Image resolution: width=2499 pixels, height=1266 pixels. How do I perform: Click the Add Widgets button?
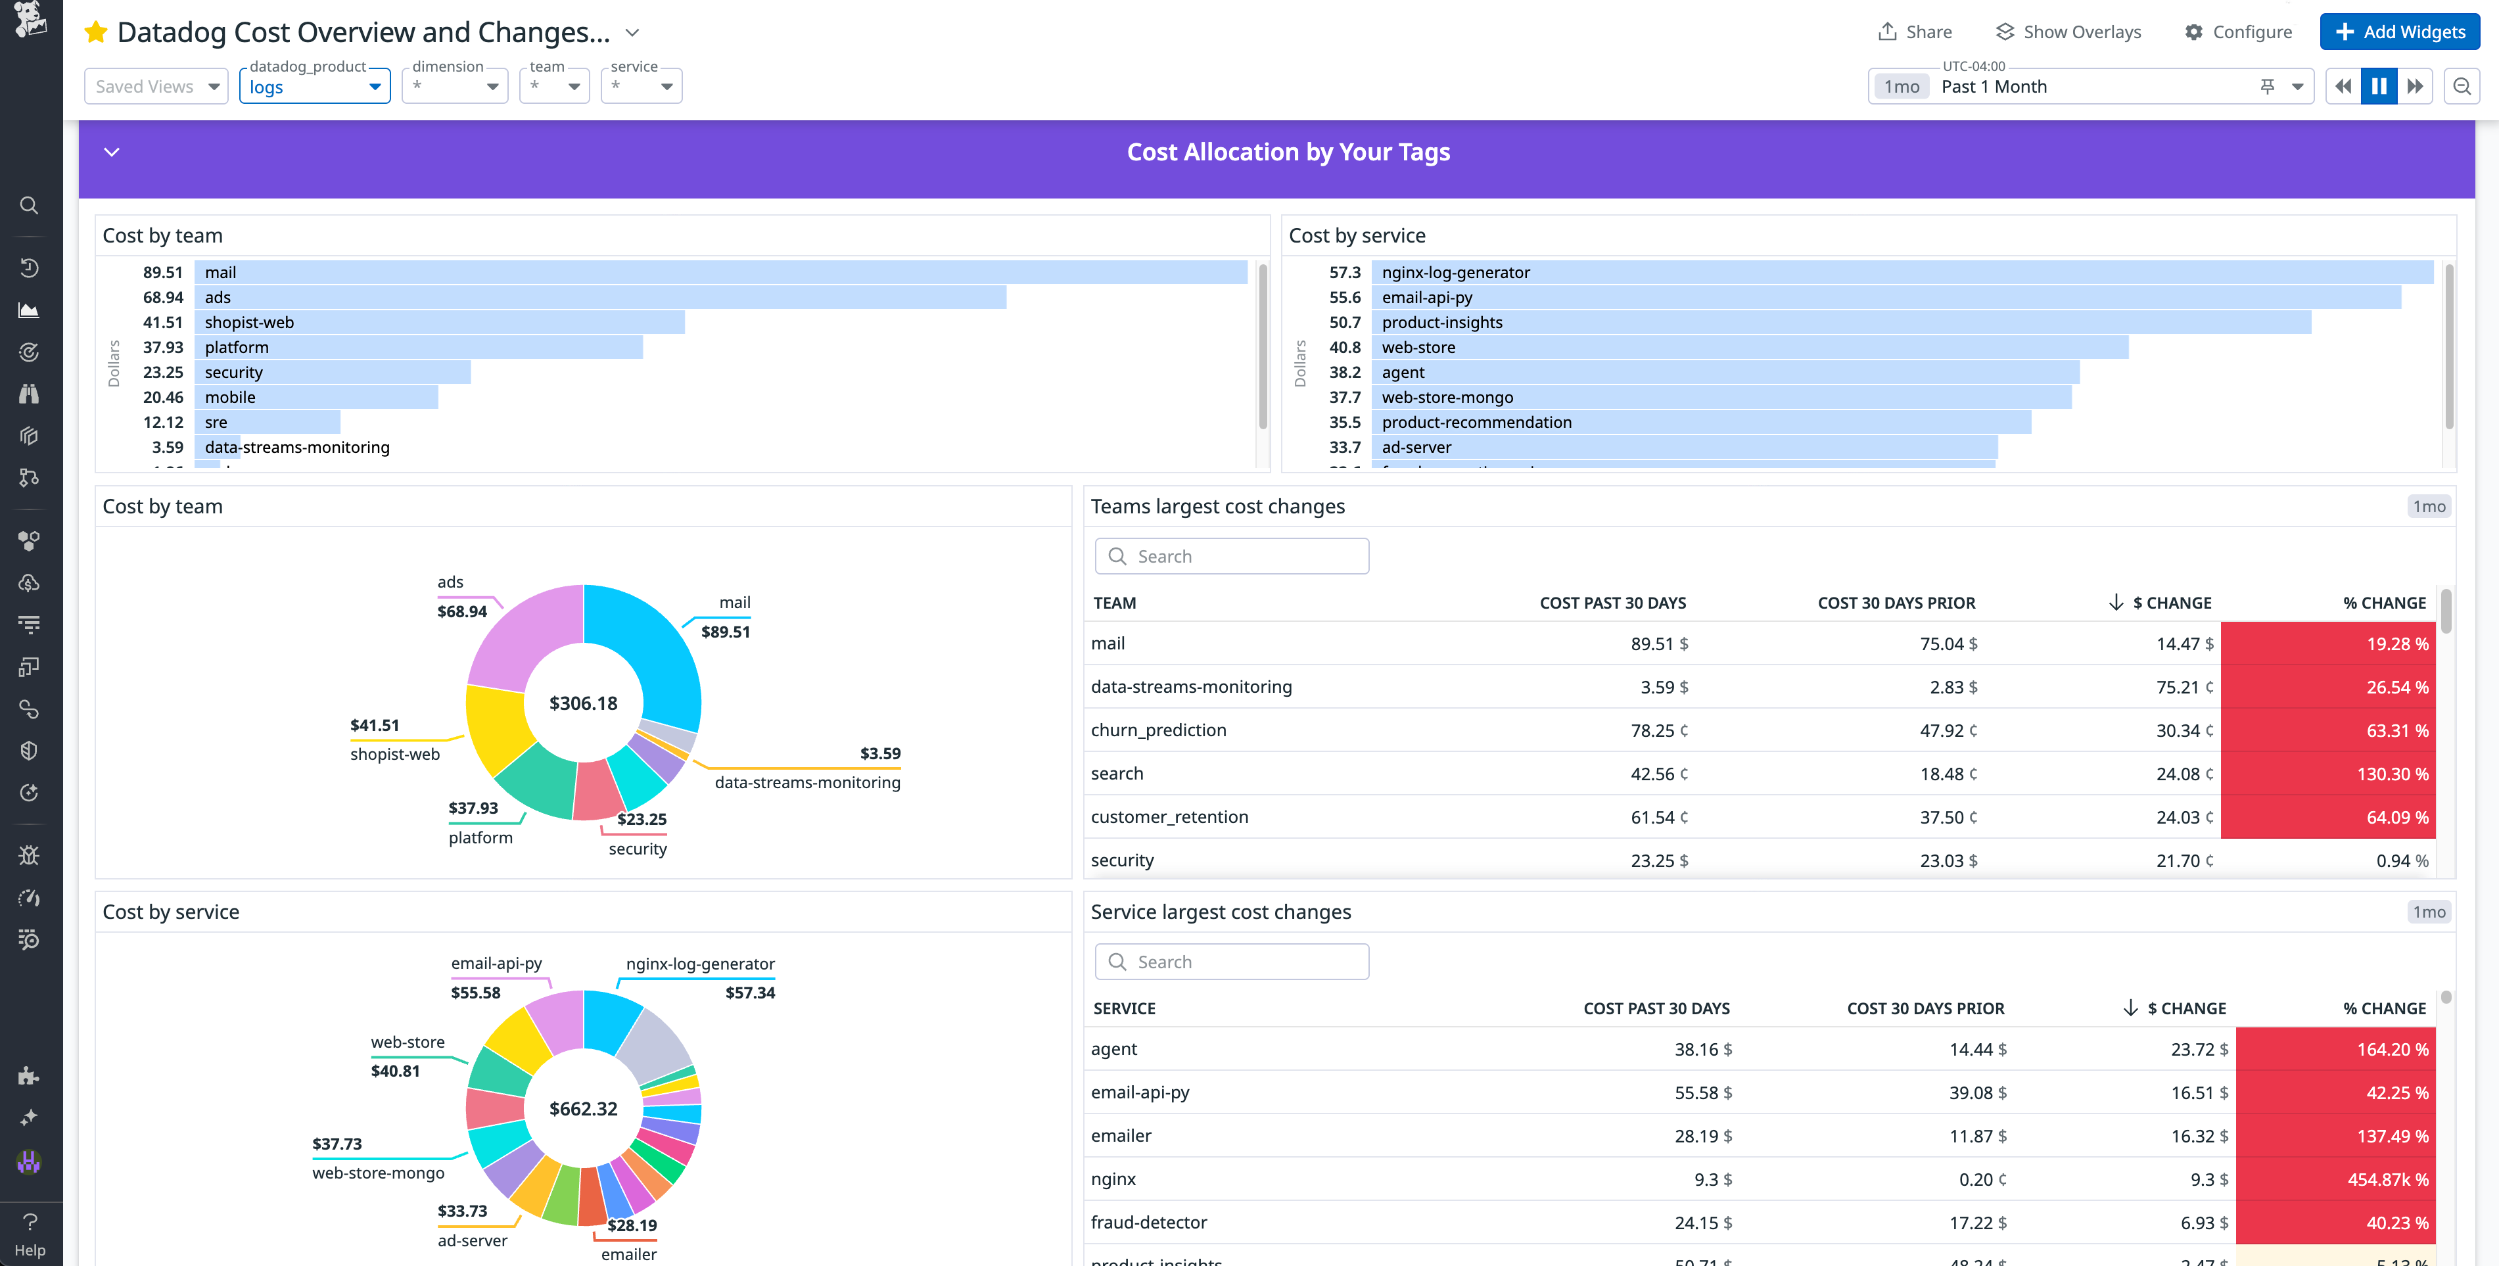point(2399,32)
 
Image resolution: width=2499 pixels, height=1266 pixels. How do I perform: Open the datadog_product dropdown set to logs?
point(314,86)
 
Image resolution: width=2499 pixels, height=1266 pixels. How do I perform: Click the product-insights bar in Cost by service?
point(1843,322)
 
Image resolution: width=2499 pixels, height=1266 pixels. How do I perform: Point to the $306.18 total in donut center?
point(583,703)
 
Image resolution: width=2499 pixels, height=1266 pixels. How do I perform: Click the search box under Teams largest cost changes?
point(1232,556)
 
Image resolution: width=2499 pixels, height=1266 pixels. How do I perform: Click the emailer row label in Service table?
point(1121,1136)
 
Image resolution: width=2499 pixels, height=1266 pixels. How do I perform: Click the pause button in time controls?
point(2379,86)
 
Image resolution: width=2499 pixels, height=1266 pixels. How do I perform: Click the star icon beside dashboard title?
point(95,32)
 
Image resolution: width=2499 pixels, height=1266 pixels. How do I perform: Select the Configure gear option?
point(2238,32)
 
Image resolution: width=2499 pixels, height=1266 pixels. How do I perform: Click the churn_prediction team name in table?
point(1158,730)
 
